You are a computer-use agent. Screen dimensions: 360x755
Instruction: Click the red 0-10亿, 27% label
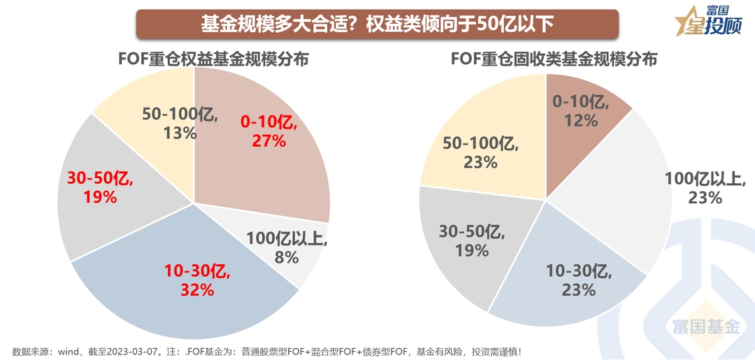click(x=269, y=131)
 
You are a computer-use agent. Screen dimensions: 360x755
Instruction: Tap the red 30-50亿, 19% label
click(x=100, y=187)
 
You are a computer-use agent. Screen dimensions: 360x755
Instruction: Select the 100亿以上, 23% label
click(x=704, y=187)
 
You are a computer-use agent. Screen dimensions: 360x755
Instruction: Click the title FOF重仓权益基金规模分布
click(x=213, y=59)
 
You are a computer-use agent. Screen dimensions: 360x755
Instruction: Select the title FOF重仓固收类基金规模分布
click(x=554, y=59)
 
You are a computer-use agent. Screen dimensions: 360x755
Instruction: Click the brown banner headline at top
click(x=377, y=24)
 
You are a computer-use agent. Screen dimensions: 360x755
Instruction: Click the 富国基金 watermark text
click(x=705, y=326)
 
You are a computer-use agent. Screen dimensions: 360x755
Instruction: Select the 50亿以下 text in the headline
click(x=516, y=24)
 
